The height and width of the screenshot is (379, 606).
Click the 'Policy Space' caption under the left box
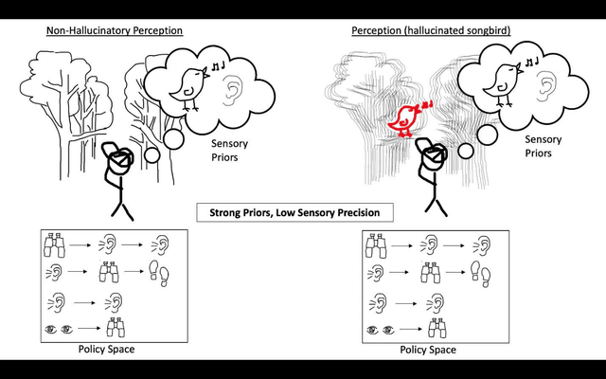coord(105,350)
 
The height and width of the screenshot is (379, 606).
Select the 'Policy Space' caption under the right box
coord(427,350)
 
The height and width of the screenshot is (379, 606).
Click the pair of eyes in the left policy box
coord(61,330)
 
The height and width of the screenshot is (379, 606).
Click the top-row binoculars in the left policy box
coord(57,248)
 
